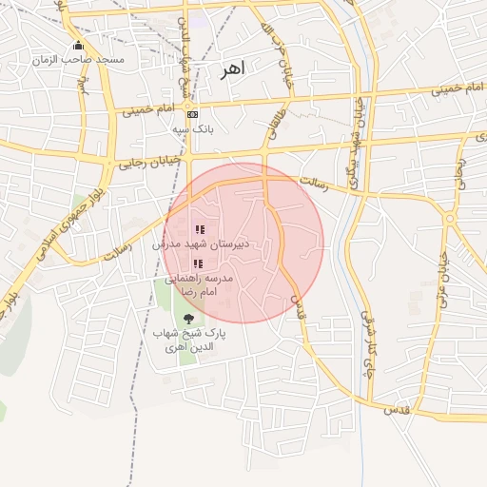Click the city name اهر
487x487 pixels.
tap(231, 68)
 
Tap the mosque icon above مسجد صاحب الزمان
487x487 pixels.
tap(78, 46)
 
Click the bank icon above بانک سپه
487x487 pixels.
tap(193, 114)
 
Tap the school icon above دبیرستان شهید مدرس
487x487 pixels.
tap(200, 229)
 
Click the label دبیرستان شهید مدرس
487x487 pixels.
tap(202, 243)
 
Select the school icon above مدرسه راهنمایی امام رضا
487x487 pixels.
tap(198, 263)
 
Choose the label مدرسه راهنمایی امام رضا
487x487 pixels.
tap(199, 284)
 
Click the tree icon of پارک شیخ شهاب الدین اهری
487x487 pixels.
tap(187, 320)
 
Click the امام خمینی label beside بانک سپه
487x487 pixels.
tap(146, 110)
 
